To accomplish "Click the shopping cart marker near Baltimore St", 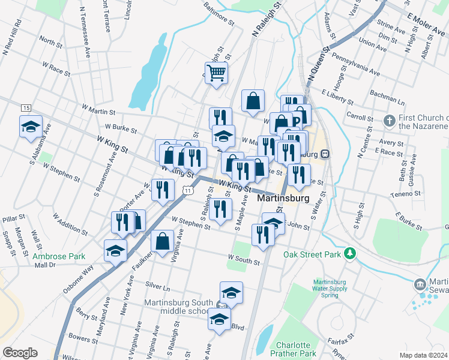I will [x=217, y=73].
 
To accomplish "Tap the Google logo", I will [x=20, y=353].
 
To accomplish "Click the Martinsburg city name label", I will [x=283, y=197].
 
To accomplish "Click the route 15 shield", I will [x=25, y=107].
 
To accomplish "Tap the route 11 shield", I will [x=188, y=190].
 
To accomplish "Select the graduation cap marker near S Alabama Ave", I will [x=31, y=127].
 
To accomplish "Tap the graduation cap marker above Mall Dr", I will [x=115, y=251].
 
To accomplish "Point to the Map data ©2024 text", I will [x=423, y=355].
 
